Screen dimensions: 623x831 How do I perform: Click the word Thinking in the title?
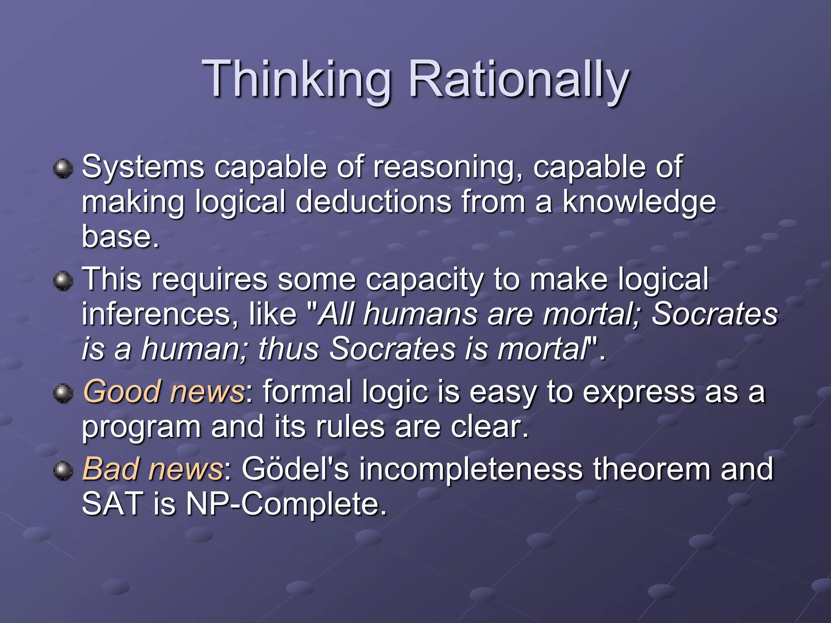(x=296, y=79)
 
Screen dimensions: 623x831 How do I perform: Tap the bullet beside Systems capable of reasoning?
(x=63, y=168)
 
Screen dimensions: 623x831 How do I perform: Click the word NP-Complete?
(x=286, y=504)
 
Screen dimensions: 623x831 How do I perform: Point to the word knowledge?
(x=639, y=202)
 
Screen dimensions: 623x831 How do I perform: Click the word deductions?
(x=373, y=202)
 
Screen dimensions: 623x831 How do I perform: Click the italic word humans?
(x=420, y=314)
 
